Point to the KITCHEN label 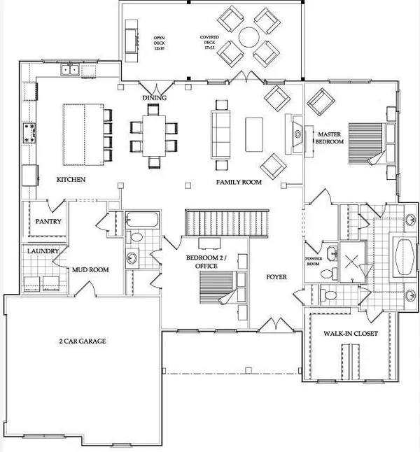tap(71, 180)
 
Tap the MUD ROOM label tap(90, 268)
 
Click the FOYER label tap(277, 277)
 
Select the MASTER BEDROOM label tap(330, 137)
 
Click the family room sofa tap(222, 133)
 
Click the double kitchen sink tap(69, 69)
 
